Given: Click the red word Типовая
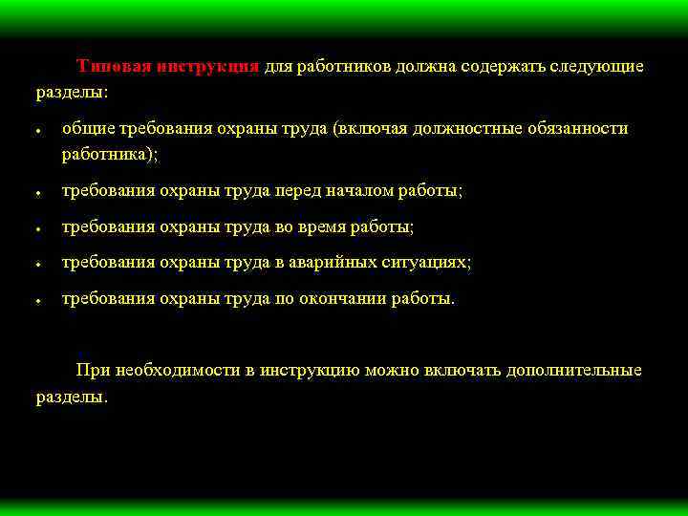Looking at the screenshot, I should click(x=109, y=67).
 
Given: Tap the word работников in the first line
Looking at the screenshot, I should click(x=337, y=67).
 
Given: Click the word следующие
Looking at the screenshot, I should click(x=596, y=67).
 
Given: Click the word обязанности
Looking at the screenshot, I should click(x=576, y=129).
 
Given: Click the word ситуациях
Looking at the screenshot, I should click(x=432, y=263).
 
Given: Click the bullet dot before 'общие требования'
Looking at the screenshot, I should click(x=36, y=132).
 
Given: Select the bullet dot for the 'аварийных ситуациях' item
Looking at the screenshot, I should click(x=36, y=265).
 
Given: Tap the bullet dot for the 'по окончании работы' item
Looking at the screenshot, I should click(x=36, y=301).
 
